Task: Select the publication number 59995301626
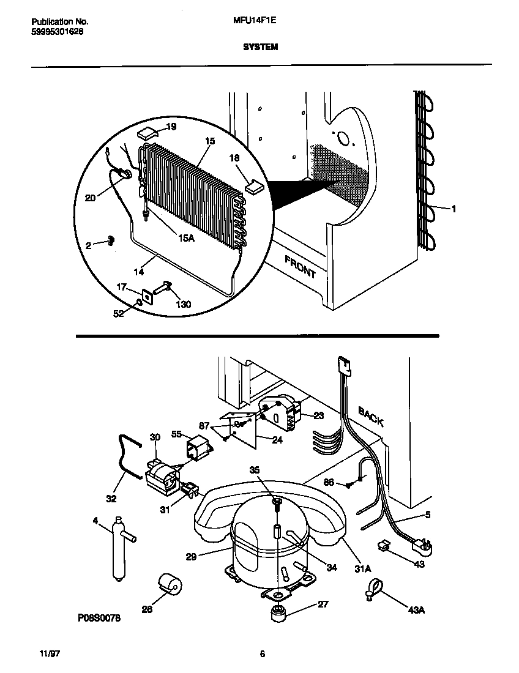[x=58, y=31]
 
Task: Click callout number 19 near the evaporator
[x=171, y=127]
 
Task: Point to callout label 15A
[x=185, y=238]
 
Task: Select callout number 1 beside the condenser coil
[x=454, y=209]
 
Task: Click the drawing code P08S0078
[x=99, y=619]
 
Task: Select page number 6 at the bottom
[x=262, y=654]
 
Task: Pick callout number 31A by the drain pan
[x=363, y=568]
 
